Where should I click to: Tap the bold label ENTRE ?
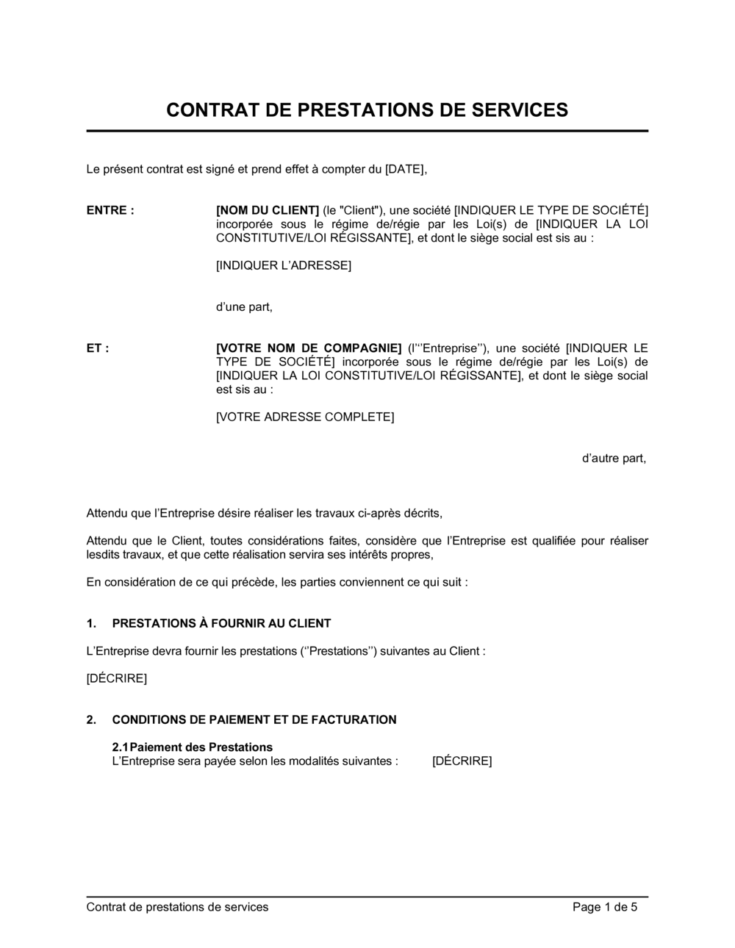coord(110,210)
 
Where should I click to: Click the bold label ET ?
coord(98,348)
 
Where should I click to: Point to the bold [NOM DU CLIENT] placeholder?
coord(268,210)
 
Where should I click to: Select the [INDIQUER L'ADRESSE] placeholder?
coord(283,265)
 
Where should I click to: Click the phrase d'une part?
coord(244,307)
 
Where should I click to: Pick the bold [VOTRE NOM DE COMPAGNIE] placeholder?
coord(309,348)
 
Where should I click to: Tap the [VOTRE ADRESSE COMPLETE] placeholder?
coord(304,417)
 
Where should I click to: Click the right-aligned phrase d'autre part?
coord(614,459)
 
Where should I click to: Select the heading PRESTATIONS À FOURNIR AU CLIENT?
coord(221,624)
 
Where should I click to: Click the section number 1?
coord(91,624)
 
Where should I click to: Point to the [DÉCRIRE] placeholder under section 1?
coord(116,678)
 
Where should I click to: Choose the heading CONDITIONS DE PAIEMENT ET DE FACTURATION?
coord(254,720)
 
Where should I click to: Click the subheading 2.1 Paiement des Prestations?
coord(193,747)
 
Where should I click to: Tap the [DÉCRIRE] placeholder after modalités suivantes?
coord(462,761)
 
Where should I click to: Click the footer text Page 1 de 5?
coord(604,908)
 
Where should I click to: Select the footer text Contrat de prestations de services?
coord(177,908)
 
